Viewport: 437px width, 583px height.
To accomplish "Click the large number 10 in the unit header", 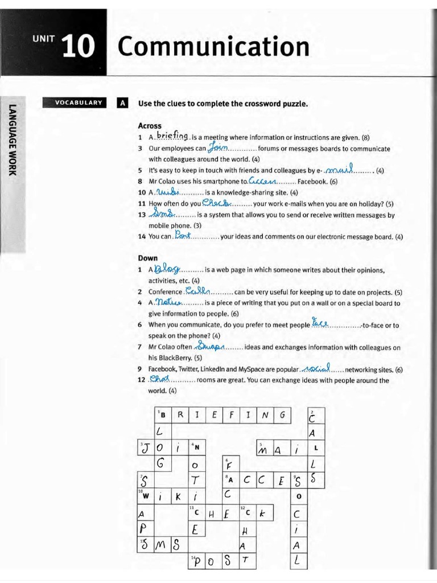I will pyautogui.click(x=79, y=47).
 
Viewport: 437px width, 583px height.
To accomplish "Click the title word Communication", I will pyautogui.click(x=213, y=47).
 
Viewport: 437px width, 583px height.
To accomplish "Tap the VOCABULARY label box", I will pyautogui.click(x=79, y=102).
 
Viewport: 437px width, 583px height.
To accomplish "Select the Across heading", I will pyautogui.click(x=150, y=126).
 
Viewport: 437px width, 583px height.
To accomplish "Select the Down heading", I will pyautogui.click(x=148, y=258).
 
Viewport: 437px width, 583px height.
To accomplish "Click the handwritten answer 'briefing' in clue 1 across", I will pyautogui.click(x=172, y=136).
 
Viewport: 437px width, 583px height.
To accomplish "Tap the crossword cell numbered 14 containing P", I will pyautogui.click(x=197, y=561).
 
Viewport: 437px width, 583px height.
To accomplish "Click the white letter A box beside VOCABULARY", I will pyautogui.click(x=122, y=103).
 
